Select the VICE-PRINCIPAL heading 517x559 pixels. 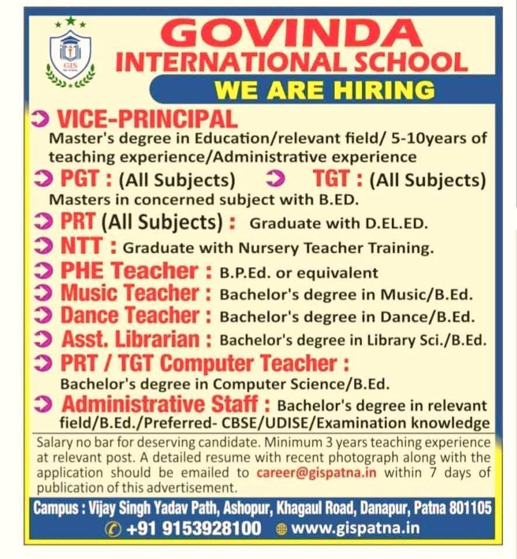(146, 119)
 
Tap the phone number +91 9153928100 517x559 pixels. (193, 529)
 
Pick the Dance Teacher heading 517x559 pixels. (130, 316)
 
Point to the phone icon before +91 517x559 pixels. (112, 529)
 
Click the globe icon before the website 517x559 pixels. (282, 529)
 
